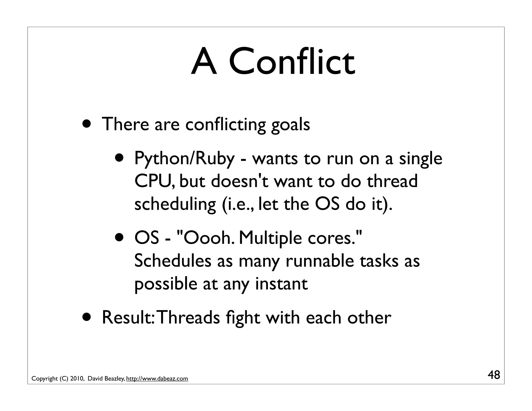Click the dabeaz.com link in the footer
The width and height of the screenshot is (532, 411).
(157, 379)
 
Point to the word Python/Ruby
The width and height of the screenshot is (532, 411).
(184, 159)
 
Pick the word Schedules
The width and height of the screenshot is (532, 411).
(173, 261)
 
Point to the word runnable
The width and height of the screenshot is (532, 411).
(320, 261)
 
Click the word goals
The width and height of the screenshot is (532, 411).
(290, 125)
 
